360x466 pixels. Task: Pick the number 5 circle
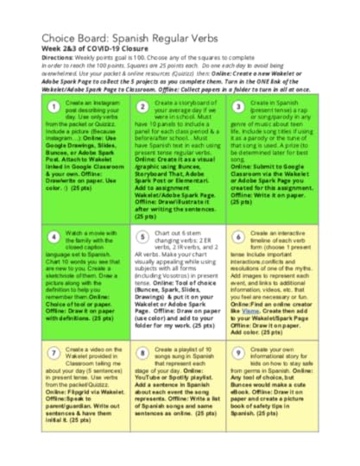(143, 236)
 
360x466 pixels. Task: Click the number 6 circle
(237, 236)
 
